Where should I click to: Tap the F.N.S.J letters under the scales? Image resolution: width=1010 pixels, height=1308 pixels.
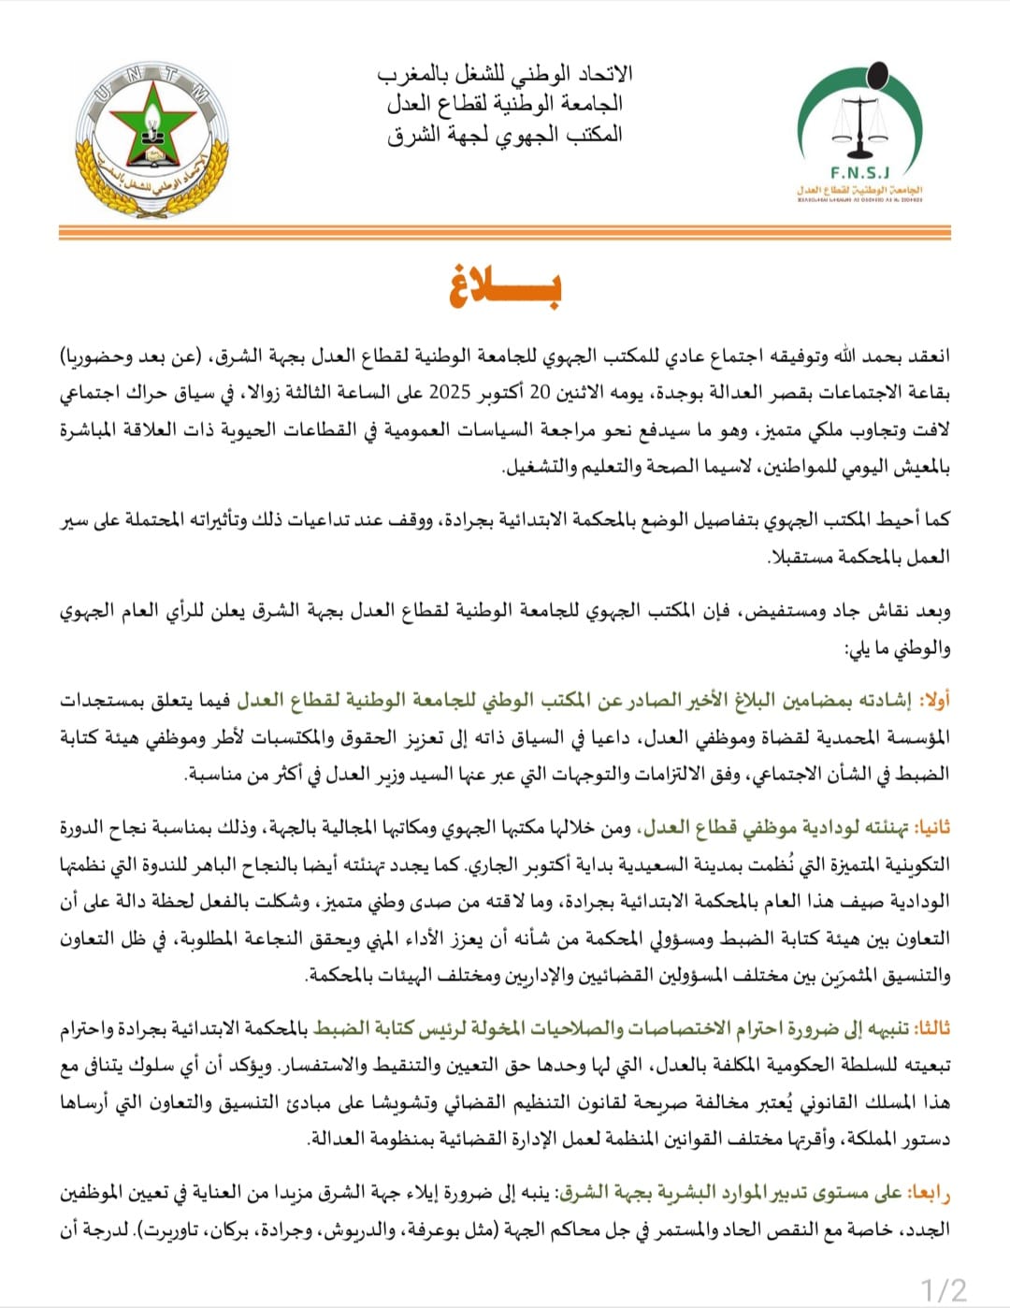click(859, 173)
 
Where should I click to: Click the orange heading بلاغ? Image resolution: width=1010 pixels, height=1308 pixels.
click(505, 286)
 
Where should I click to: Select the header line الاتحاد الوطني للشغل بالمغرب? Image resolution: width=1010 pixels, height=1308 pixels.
click(505, 73)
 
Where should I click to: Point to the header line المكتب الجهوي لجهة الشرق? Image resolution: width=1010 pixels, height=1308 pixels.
click(505, 134)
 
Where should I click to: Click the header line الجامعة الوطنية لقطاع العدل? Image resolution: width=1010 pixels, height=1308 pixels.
click(505, 103)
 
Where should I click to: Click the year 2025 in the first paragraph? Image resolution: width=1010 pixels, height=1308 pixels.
click(450, 393)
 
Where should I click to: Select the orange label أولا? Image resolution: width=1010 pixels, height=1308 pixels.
click(934, 700)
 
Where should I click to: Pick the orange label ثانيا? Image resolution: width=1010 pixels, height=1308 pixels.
click(931, 827)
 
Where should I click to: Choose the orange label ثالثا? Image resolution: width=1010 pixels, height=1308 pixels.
click(931, 1027)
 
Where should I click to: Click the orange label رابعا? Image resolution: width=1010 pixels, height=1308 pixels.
click(928, 1192)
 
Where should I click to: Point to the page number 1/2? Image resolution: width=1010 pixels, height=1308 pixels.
click(944, 1289)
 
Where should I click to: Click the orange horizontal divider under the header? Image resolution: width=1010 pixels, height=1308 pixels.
click(505, 232)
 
